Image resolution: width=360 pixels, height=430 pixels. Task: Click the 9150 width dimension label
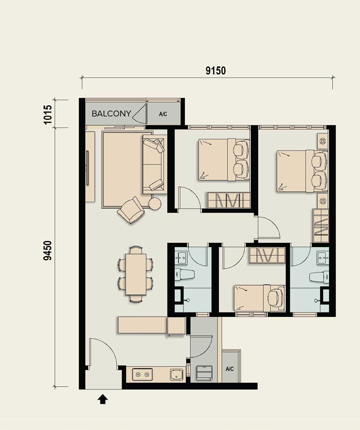[216, 71]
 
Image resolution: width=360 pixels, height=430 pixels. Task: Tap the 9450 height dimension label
[48, 251]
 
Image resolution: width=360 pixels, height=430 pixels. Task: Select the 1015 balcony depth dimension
[48, 114]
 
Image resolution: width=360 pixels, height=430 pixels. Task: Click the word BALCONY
[111, 114]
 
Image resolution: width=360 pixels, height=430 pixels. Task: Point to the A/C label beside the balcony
[163, 114]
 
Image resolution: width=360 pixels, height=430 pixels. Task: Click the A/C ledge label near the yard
[229, 369]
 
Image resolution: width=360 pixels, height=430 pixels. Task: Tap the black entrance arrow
[102, 399]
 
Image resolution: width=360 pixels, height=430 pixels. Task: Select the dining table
[136, 274]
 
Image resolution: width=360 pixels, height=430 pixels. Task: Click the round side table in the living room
[155, 204]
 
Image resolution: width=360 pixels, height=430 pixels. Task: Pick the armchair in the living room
[131, 210]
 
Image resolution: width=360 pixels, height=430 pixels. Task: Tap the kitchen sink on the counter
[176, 374]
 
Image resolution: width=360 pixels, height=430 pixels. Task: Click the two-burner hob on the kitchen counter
[142, 374]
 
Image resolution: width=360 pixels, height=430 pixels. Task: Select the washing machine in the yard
[204, 372]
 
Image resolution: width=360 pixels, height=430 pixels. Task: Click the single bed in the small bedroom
[259, 298]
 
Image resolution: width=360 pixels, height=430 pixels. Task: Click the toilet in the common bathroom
[185, 274]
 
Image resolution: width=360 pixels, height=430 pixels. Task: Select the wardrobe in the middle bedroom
[229, 200]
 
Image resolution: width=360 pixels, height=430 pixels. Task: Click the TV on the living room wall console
[87, 168]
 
